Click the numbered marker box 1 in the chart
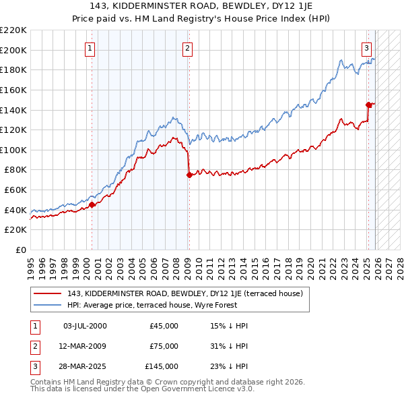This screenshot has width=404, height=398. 90,48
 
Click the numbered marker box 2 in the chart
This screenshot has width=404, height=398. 187,48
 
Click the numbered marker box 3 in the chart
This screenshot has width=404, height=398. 366,48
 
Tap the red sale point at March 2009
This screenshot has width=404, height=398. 189,175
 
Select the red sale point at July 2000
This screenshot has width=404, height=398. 92,205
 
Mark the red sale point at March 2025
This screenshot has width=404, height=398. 368,104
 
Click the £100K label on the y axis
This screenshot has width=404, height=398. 13,150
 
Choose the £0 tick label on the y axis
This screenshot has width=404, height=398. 21,250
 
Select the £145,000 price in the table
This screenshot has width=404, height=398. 162,366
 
